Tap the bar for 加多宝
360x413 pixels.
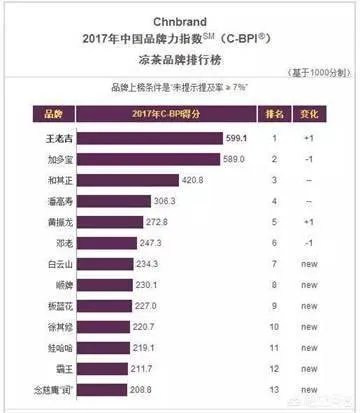pyautogui.click(x=149, y=159)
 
